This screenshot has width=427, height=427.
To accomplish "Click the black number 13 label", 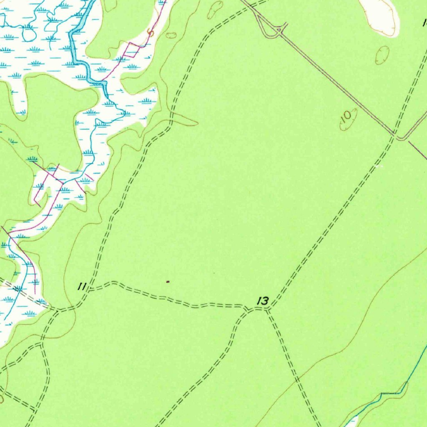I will click(263, 301).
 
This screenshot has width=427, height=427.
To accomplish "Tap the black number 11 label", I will click(82, 286).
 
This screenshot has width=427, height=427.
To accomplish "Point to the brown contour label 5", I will click(151, 33).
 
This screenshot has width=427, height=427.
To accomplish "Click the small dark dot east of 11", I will click(168, 281).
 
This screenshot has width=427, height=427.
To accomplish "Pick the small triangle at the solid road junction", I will click(276, 30).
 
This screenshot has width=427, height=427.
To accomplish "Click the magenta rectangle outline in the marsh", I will click(132, 50).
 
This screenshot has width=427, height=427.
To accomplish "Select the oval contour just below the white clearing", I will click(382, 55).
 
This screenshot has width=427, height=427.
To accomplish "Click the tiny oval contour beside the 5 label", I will click(171, 35).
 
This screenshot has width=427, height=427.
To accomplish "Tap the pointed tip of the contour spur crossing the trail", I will click(197, 124).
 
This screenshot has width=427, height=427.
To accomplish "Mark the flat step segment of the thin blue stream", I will click(391, 393).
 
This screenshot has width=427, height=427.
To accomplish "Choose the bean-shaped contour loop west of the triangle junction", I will click(215, 9).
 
